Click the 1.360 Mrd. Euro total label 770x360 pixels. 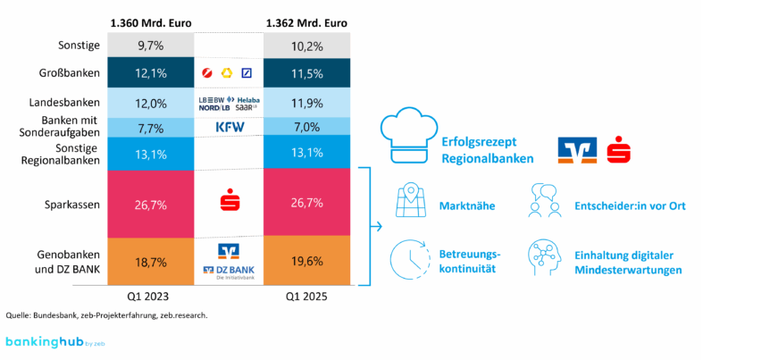pyautogui.click(x=150, y=21)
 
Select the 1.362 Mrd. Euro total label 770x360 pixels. pyautogui.click(x=306, y=21)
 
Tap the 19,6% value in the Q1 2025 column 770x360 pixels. pyautogui.click(x=306, y=261)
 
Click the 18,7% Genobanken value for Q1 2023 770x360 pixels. pyautogui.click(x=150, y=261)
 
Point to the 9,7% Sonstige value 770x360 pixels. pyautogui.click(x=150, y=44)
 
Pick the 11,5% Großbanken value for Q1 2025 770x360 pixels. pyautogui.click(x=306, y=71)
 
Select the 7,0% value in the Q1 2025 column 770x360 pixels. pyautogui.click(x=306, y=127)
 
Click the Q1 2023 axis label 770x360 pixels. pyautogui.click(x=150, y=296)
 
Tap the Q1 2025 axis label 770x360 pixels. pyautogui.click(x=306, y=296)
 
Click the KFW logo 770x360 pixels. pyautogui.click(x=229, y=127)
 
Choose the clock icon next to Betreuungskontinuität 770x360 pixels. pyautogui.click(x=408, y=259)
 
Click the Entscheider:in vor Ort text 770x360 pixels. pyautogui.click(x=630, y=206)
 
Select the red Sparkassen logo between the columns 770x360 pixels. pyautogui.click(x=228, y=202)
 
